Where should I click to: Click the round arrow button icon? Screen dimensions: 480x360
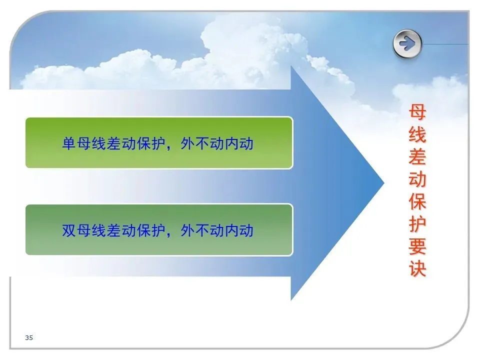(407, 44)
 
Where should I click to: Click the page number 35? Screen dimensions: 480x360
(29, 337)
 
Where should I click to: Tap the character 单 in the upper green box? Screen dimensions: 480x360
(69, 143)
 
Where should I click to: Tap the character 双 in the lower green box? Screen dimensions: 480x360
(69, 230)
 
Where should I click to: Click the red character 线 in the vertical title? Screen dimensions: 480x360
(417, 134)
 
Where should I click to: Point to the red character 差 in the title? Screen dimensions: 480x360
(417, 156)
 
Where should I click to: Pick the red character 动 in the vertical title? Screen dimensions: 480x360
(417, 179)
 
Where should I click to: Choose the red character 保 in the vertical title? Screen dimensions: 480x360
(417, 201)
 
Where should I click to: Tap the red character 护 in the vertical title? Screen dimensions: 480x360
(417, 224)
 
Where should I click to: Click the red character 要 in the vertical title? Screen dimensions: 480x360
(417, 246)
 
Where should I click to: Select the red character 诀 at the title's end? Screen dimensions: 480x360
(417, 268)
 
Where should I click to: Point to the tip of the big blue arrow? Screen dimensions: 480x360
(384, 183)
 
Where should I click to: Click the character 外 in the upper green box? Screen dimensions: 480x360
(187, 143)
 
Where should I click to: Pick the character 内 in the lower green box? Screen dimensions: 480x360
(231, 230)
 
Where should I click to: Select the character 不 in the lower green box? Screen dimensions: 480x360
(202, 230)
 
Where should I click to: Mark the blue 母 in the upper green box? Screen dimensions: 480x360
(83, 143)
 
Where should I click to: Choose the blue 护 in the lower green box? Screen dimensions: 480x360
(158, 230)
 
